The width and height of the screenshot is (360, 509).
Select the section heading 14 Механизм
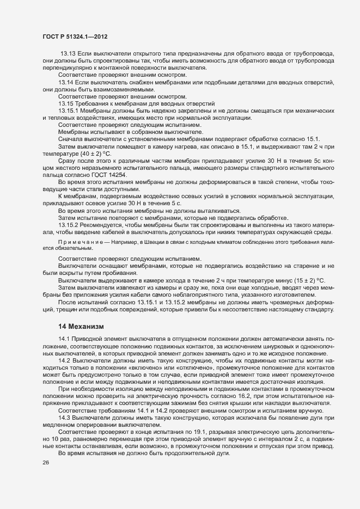(81, 326)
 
